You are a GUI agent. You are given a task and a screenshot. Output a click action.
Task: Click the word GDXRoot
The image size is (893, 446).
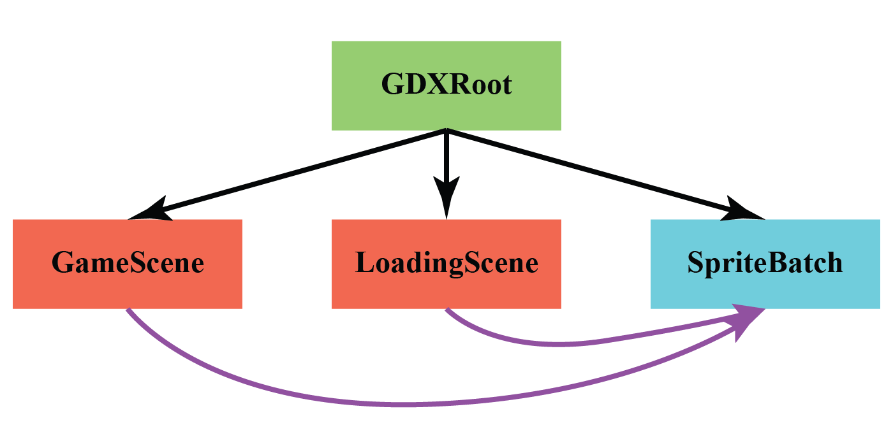tap(447, 85)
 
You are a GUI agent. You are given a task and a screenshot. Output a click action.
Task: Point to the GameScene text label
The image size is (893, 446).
tap(128, 263)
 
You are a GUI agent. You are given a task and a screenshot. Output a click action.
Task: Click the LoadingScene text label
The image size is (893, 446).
tap(447, 263)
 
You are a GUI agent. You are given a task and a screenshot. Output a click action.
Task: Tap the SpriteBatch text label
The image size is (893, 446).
tap(765, 263)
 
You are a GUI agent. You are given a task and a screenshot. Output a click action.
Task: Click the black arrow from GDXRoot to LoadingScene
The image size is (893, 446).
tap(447, 159)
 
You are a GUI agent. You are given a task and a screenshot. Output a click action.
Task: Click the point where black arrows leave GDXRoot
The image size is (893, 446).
tap(447, 131)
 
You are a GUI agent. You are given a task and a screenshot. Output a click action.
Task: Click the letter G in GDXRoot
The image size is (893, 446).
tap(392, 85)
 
